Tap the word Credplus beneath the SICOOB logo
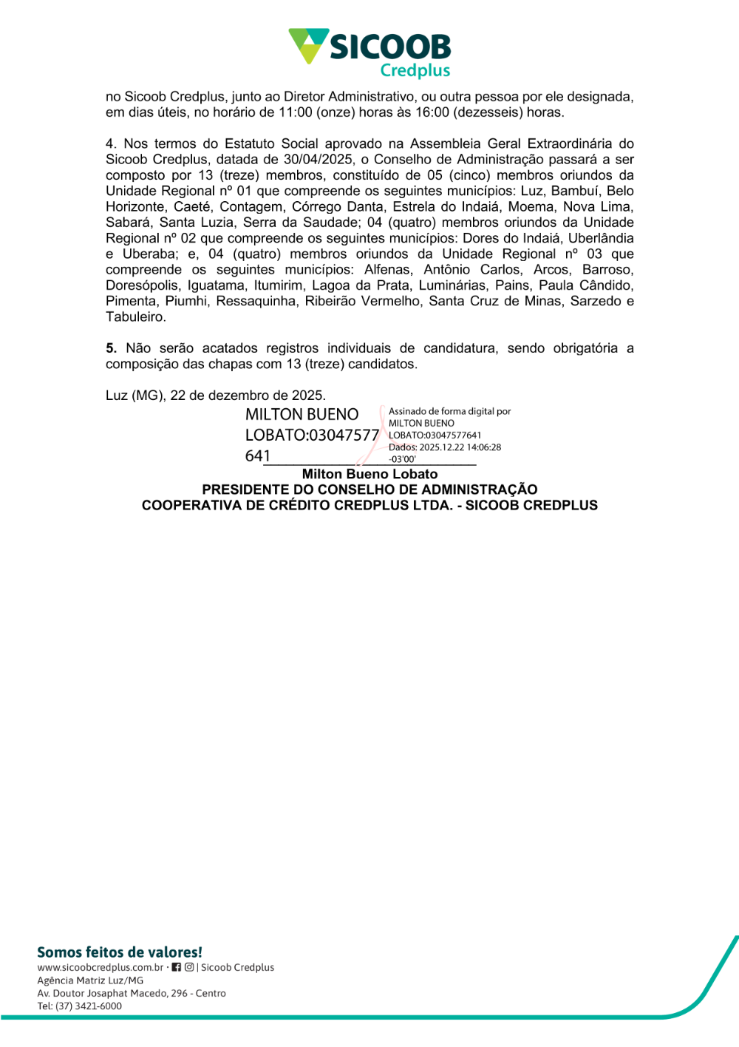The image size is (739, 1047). pyautogui.click(x=415, y=70)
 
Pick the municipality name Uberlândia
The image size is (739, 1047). pyautogui.click(x=601, y=238)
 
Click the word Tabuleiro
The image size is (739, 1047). pyautogui.click(x=135, y=317)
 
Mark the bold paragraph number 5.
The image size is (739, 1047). pyautogui.click(x=111, y=348)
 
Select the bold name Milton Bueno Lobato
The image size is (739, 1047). pyautogui.click(x=369, y=475)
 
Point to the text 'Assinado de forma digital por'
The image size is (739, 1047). pyautogui.click(x=449, y=411)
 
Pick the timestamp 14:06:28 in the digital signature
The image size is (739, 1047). pyautogui.click(x=483, y=447)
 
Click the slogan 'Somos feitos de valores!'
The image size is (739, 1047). pyautogui.click(x=120, y=952)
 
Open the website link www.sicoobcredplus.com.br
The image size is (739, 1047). pyautogui.click(x=101, y=968)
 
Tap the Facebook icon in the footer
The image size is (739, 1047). pyautogui.click(x=176, y=967)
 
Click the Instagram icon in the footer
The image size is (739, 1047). pyautogui.click(x=189, y=967)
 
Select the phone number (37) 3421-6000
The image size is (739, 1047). pyautogui.click(x=89, y=1006)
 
